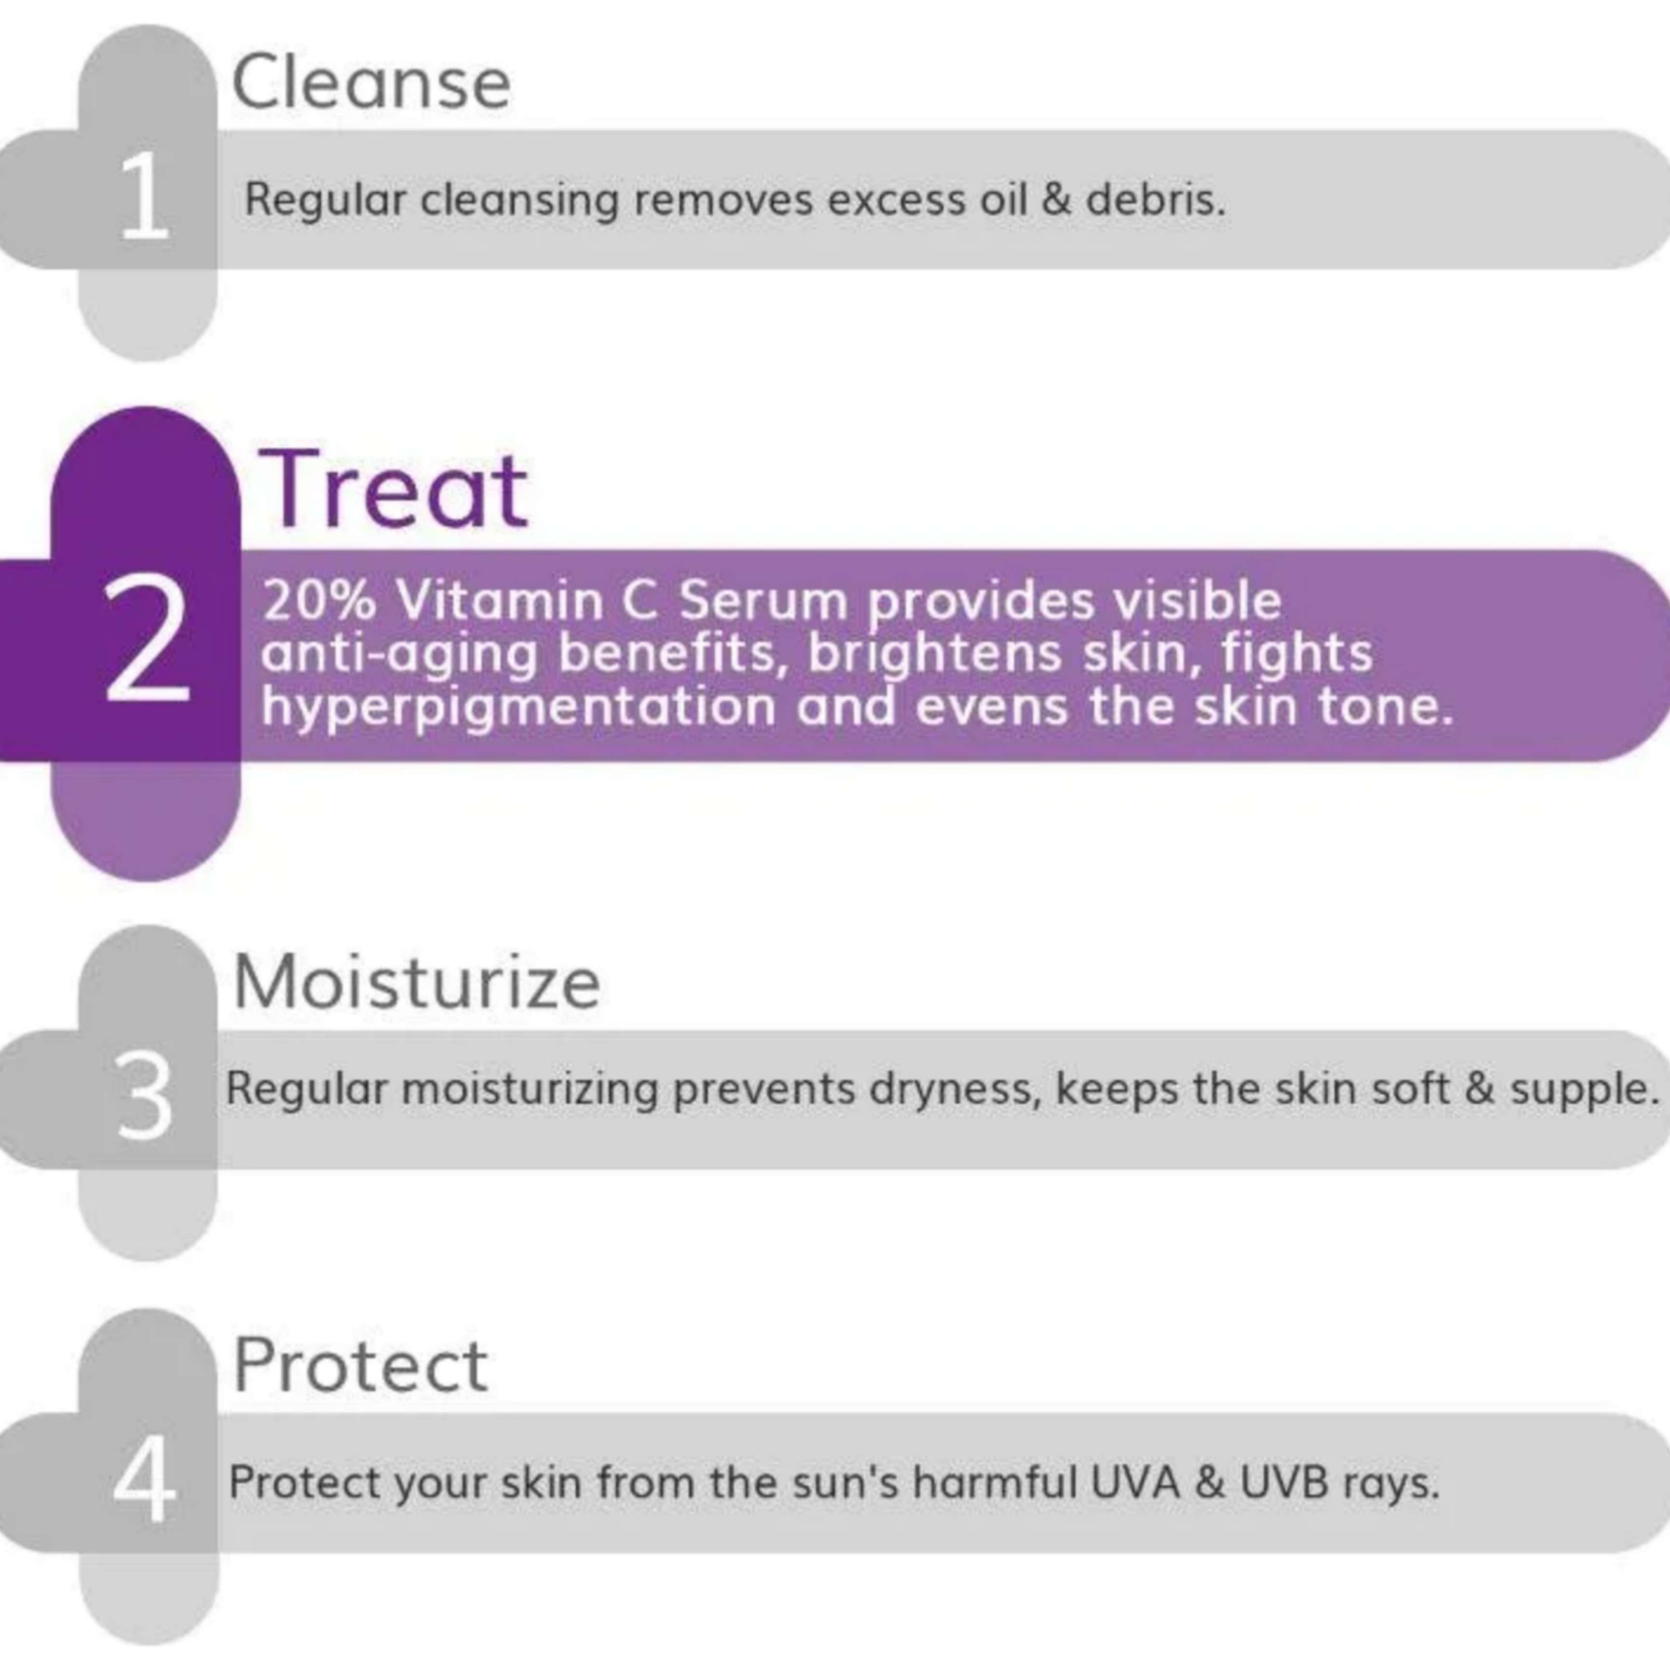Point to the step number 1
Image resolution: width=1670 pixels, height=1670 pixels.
(144, 197)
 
